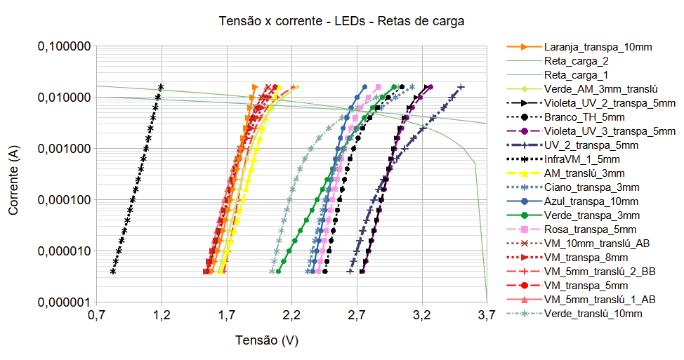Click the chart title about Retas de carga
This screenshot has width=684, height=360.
[x=342, y=21]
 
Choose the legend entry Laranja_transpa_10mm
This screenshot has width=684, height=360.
[x=598, y=47]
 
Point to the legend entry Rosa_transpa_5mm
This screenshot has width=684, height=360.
[x=590, y=229]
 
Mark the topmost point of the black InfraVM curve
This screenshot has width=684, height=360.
[x=162, y=87]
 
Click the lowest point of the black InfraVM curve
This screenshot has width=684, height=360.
[x=113, y=271]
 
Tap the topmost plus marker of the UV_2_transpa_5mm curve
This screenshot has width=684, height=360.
[x=461, y=87]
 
